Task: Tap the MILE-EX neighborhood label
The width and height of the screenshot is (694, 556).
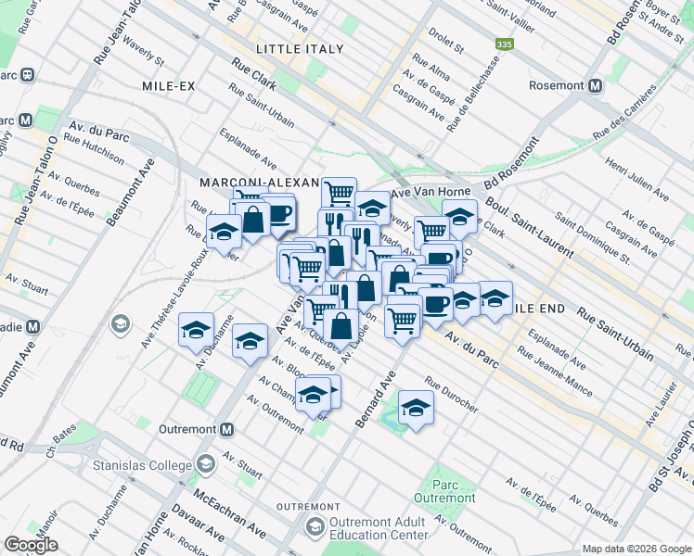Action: pos(168,85)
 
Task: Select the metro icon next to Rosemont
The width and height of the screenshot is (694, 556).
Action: pos(595,85)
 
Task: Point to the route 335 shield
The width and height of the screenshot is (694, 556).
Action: pos(504,44)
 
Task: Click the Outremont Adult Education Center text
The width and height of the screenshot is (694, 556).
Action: pos(379,528)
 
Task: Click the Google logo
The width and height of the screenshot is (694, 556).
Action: pos(30,544)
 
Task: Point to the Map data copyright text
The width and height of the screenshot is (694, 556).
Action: pos(636,549)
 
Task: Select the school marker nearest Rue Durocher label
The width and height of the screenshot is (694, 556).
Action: pos(416,407)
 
